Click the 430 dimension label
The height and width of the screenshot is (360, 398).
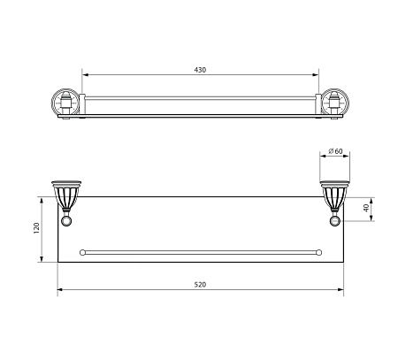point(200,70)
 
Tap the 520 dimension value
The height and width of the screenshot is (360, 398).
point(200,285)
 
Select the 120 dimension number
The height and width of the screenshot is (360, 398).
point(36,228)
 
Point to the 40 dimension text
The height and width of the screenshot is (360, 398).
point(366,208)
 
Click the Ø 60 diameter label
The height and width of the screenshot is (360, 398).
point(335,151)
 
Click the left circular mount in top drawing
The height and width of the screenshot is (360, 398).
point(65,103)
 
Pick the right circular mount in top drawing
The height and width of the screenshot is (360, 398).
point(335,103)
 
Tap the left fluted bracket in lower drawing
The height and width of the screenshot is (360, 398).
point(66,195)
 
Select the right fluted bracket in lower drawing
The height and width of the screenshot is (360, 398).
point(335,195)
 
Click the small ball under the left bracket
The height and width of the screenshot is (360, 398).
point(66,221)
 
